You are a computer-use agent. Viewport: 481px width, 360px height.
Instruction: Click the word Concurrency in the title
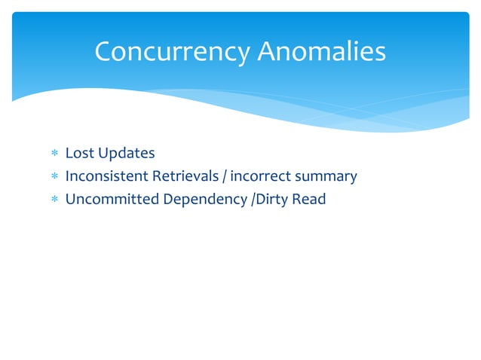[x=173, y=52]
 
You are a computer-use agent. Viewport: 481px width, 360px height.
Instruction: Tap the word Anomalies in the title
[x=322, y=52]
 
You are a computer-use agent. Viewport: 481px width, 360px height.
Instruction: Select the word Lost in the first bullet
[x=78, y=154]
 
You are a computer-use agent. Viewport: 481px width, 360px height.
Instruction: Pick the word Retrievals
[x=188, y=177]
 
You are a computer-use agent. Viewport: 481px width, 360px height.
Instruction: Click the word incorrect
[x=261, y=177]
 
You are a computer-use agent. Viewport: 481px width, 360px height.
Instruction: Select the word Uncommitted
[x=109, y=200]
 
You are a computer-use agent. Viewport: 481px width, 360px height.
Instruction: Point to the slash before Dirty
[x=252, y=200]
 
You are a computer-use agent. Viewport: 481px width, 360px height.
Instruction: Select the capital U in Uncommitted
[x=70, y=200]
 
